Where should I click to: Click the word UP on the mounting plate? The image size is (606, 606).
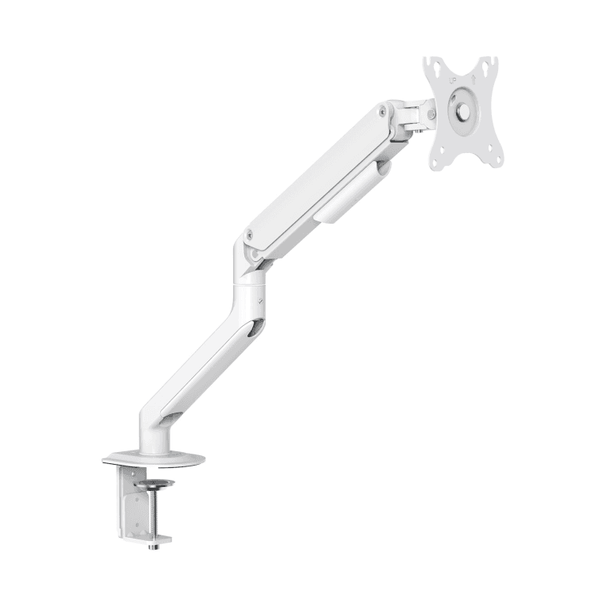point(453,79)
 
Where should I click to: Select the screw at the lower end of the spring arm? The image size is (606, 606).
point(250,235)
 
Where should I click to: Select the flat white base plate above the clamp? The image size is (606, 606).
point(153,459)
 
